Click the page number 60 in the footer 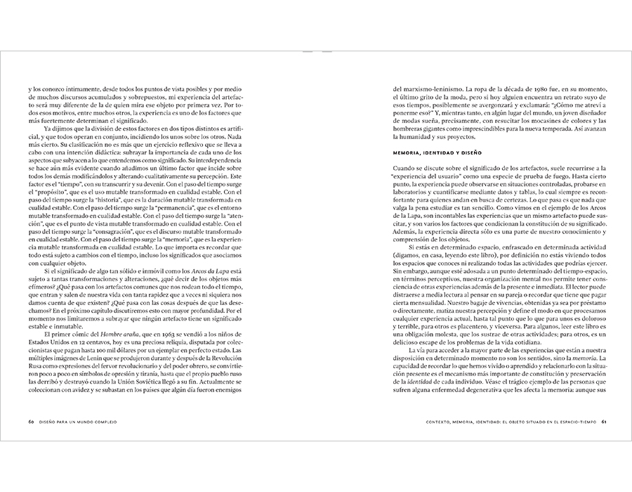point(31,422)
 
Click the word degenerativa point(477,389)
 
